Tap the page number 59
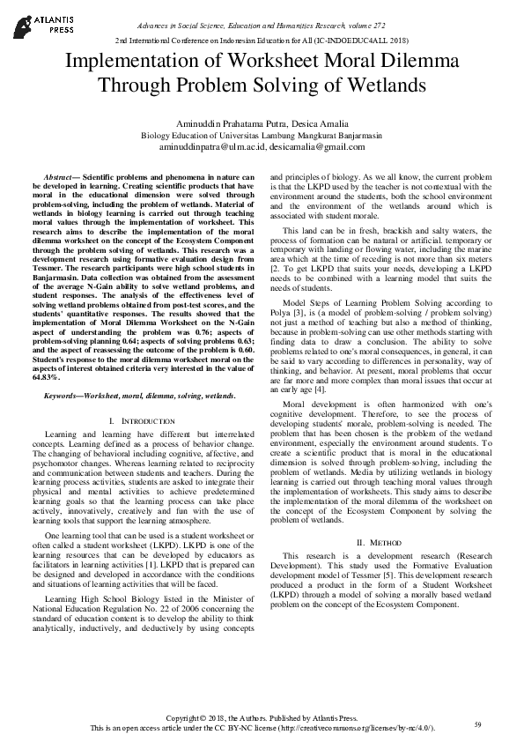point(477,723)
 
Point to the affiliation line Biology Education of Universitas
point(262,137)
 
